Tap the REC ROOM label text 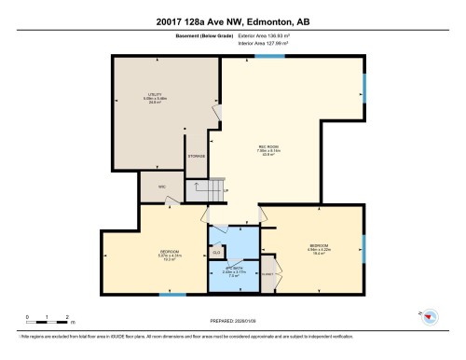tap(271, 152)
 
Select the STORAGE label tap(196, 156)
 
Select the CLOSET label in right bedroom tap(269, 272)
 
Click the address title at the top tap(232, 21)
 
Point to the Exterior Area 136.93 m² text tap(276, 36)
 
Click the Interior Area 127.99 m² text tap(276, 44)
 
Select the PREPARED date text tap(232, 322)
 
